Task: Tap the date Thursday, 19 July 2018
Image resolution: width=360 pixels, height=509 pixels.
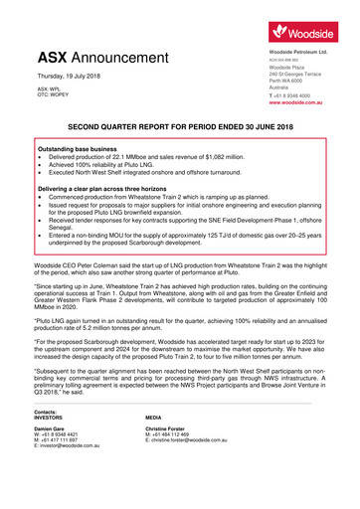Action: pyautogui.click(x=73, y=78)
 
